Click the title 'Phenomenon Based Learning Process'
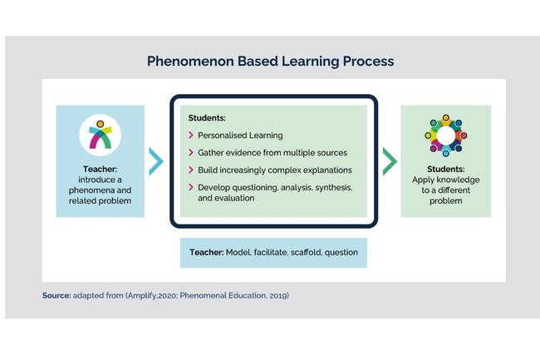pos(270,62)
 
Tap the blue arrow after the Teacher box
pos(156,160)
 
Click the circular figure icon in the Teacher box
pos(101,136)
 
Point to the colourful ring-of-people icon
pos(445,135)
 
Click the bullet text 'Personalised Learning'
pos(240,135)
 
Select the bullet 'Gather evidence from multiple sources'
pos(272,152)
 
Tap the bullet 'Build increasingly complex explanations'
pos(274,170)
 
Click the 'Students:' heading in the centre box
pos(207,118)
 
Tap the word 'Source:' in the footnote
pos(56,295)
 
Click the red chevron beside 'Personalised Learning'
pos(191,136)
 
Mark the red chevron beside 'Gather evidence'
pos(191,153)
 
